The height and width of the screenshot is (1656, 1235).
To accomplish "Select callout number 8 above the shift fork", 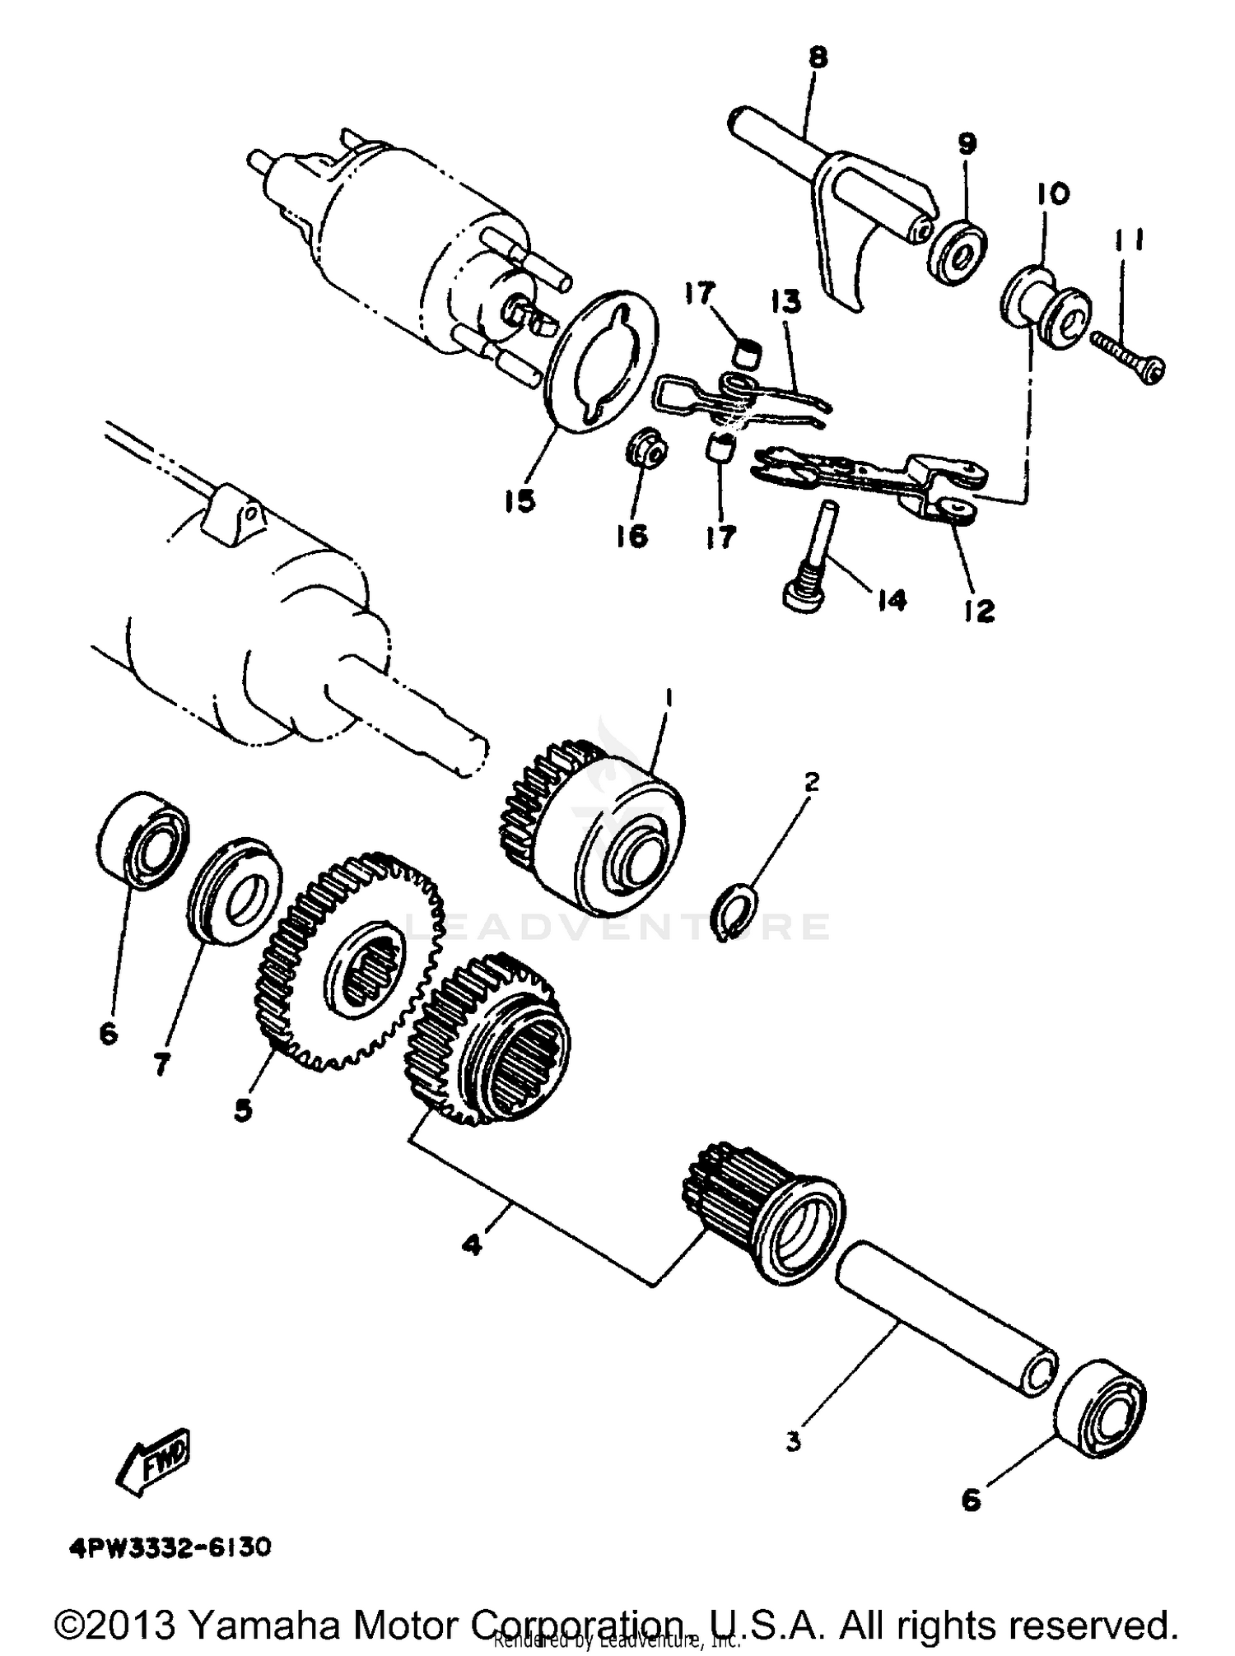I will coord(818,58).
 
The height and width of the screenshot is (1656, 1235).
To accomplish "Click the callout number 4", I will coord(471,1245).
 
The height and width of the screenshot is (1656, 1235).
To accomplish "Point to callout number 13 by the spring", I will coord(785,302).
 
